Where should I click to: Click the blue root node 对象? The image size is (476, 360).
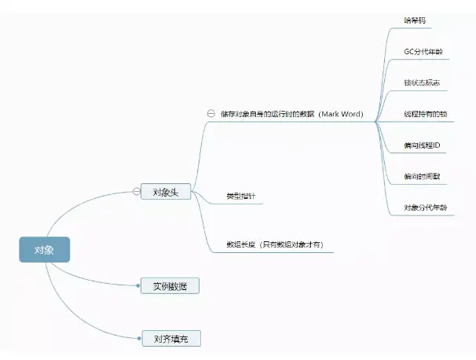click(x=44, y=250)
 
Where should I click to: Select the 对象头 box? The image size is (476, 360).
click(x=166, y=191)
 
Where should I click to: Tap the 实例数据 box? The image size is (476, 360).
click(x=170, y=286)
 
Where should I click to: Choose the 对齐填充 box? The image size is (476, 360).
click(x=170, y=339)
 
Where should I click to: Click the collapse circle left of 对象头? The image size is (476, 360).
click(x=136, y=191)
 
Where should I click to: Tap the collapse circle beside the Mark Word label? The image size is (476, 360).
click(x=211, y=114)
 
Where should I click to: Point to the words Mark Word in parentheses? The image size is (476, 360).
click(x=341, y=114)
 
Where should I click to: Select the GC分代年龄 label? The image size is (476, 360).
click(x=423, y=52)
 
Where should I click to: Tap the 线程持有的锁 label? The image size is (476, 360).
click(x=425, y=114)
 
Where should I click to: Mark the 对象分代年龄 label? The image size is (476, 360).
click(x=425, y=208)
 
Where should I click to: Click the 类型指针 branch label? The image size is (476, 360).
click(x=239, y=195)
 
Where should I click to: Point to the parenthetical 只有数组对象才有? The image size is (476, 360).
click(x=291, y=244)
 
